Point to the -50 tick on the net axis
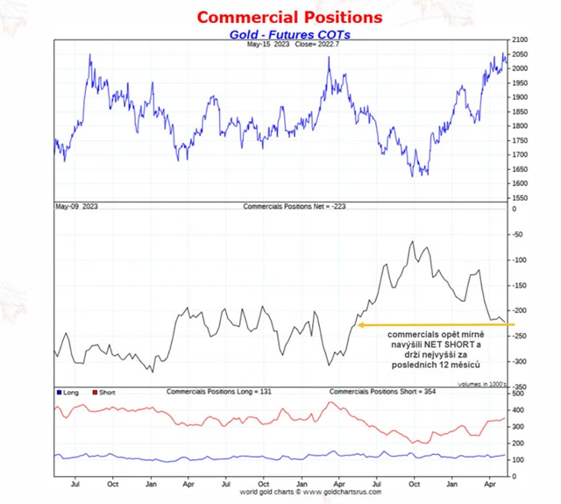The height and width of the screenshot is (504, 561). coord(515,234)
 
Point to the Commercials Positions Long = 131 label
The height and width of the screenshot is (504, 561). coord(219,391)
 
